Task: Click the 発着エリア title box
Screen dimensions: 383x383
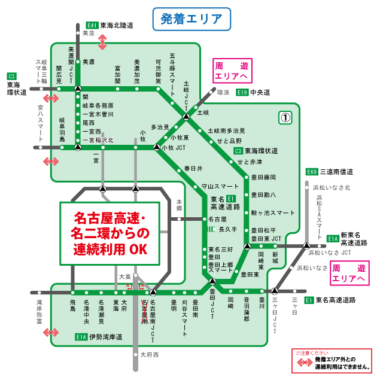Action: pos(191,19)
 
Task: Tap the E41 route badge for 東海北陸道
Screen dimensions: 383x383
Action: pos(92,26)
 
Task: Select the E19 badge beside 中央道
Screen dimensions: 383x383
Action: pos(242,92)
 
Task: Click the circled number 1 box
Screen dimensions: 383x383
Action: pos(285,118)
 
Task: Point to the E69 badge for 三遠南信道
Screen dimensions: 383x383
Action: pos(311,171)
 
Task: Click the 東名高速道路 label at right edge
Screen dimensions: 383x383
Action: pos(335,300)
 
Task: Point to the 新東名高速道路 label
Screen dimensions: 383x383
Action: pos(354,239)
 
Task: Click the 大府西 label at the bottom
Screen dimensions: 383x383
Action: pos(150,355)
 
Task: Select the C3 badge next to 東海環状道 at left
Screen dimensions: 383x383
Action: pos(11,76)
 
